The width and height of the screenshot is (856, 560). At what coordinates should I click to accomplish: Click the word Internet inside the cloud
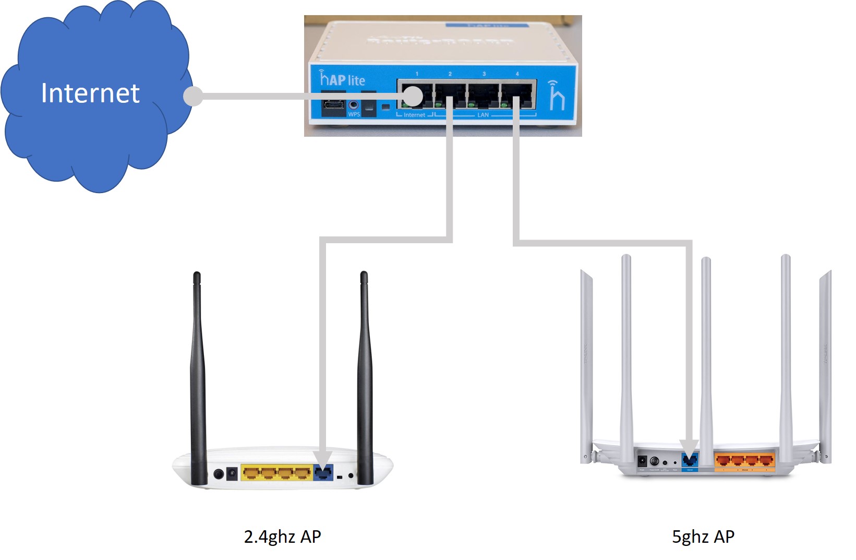pos(90,93)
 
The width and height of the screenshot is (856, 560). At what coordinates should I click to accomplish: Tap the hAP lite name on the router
pos(342,79)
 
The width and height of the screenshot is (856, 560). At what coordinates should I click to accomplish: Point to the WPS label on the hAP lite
pos(354,114)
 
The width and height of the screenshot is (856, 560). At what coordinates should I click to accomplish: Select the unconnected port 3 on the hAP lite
pos(484,94)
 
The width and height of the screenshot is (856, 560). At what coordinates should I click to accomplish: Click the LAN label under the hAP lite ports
pos(483,115)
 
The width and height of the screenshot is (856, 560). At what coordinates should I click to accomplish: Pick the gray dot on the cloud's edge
pos(193,97)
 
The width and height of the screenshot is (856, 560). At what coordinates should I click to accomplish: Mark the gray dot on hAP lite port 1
pos(413,96)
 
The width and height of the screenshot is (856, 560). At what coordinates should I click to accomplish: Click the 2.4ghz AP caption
pos(282,537)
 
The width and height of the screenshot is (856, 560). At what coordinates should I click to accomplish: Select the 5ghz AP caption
pos(703,537)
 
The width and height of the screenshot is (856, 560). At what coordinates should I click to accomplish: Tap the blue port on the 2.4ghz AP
pos(323,473)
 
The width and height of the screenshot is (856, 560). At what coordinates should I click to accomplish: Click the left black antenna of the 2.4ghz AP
pos(198,376)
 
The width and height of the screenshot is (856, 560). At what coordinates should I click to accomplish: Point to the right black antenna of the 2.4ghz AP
pos(365,376)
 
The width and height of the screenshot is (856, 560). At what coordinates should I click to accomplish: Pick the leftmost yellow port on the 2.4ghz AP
pos(251,473)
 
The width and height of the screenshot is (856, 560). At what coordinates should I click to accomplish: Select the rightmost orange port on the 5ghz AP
pos(766,460)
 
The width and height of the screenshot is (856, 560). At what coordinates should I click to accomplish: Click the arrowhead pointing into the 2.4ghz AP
pos(323,459)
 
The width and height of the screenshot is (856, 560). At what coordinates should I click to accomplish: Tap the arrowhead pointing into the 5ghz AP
pos(689,447)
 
